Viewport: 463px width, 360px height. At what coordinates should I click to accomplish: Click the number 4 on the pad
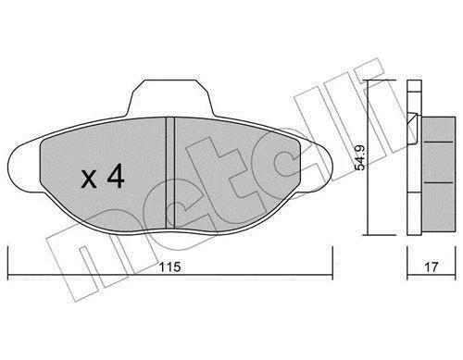[116, 176]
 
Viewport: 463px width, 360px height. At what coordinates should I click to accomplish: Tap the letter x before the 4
[89, 180]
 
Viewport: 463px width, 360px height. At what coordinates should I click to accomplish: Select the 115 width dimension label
[169, 267]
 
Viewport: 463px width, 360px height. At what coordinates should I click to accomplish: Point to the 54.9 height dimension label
[360, 157]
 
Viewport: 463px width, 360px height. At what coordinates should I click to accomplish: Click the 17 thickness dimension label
[432, 267]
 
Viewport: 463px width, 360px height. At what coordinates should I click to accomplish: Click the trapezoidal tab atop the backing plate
[170, 98]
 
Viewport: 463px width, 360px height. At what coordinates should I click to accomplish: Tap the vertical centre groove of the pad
[170, 173]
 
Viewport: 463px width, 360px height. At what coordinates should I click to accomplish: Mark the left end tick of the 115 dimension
[7, 263]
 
